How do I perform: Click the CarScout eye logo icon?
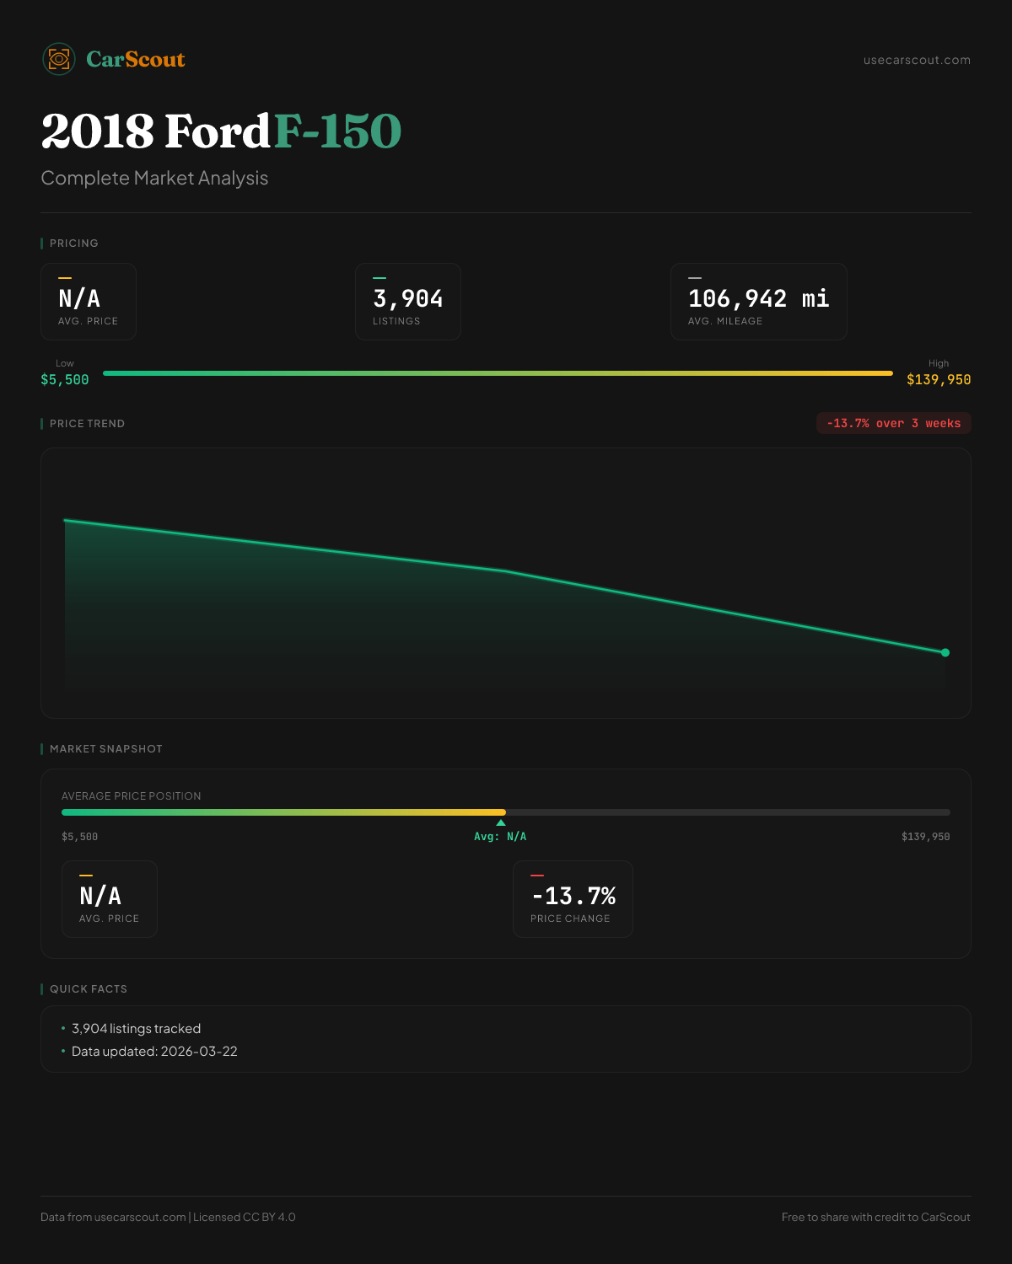pos(59,59)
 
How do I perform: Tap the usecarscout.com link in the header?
pos(917,61)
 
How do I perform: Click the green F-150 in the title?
pos(337,131)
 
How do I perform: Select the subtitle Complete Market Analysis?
pos(154,179)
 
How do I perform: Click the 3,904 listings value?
pos(408,298)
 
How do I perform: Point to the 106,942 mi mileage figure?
pos(758,298)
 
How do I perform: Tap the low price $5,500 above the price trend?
pos(65,380)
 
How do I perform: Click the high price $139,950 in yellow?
pos(939,380)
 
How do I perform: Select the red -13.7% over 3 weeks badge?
pos(894,423)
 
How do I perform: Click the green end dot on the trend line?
pos(945,652)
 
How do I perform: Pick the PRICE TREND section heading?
pos(87,424)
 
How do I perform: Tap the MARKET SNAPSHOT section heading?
pos(105,749)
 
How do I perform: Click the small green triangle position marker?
pos(501,822)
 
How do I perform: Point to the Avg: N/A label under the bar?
pos(500,837)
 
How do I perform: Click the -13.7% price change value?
pos(573,896)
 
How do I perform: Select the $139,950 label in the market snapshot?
pos(925,837)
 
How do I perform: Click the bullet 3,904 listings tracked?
pos(136,1029)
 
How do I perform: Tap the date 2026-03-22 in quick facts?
pos(199,1052)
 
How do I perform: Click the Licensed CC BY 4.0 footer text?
pos(245,1217)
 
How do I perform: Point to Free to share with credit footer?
pos(875,1217)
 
